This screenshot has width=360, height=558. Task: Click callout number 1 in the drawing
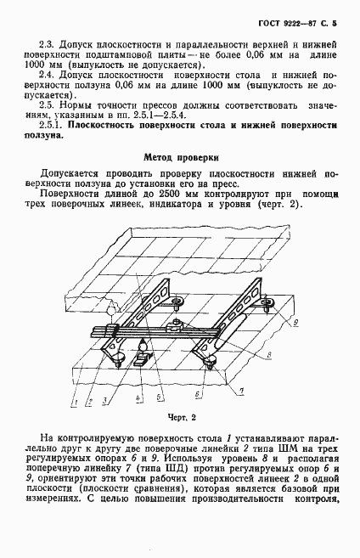(x=75, y=399)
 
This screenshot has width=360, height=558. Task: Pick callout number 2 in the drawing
(x=88, y=399)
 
